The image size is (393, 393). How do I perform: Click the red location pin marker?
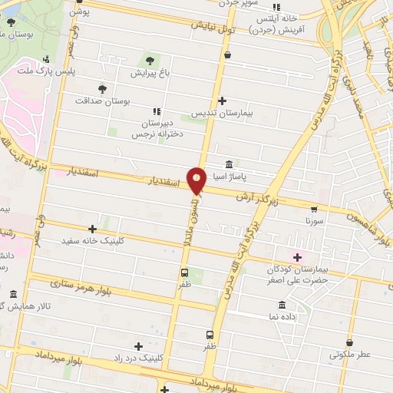pyautogui.click(x=197, y=180)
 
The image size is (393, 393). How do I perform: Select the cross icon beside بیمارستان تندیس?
pyautogui.click(x=223, y=101)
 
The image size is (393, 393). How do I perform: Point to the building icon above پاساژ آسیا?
pyautogui.click(x=230, y=165)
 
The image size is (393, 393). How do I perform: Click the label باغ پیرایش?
pyautogui.click(x=148, y=74)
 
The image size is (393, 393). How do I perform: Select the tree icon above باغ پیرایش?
pyautogui.click(x=148, y=61)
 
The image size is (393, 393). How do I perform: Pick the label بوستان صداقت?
pyautogui.click(x=104, y=101)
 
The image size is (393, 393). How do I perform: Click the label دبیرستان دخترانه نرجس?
pyautogui.click(x=156, y=128)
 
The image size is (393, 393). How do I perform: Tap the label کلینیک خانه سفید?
pyautogui.click(x=93, y=240)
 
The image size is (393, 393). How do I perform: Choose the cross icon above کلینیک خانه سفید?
pyautogui.click(x=93, y=228)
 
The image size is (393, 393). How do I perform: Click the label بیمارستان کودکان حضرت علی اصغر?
pyautogui.click(x=297, y=274)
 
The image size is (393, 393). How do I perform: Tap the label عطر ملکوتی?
pyautogui.click(x=350, y=355)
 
